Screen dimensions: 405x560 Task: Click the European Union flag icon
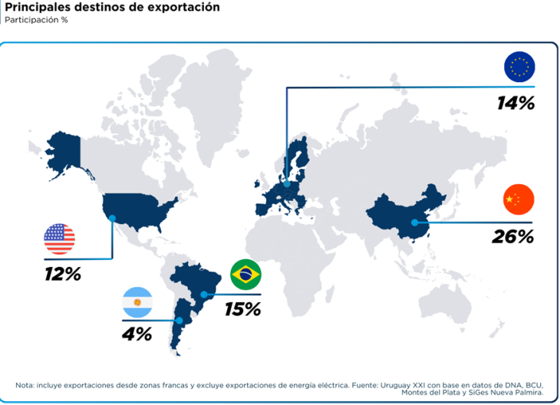tap(519, 67)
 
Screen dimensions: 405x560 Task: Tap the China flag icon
tap(519, 199)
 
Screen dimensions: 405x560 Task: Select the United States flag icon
tap(59, 239)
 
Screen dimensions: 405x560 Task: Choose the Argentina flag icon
tap(137, 303)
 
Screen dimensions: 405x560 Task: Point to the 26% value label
tap(512, 236)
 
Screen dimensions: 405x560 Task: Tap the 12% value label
tap(62, 274)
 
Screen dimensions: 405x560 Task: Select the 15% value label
tap(243, 309)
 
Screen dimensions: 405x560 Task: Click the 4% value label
tap(137, 335)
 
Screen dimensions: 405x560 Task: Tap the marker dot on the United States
tap(113, 218)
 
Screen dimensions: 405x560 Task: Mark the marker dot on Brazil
tap(203, 295)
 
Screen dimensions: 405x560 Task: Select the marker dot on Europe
tap(287, 183)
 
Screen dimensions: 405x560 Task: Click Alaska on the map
tap(63, 150)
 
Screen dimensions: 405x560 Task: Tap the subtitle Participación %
tap(35, 21)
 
